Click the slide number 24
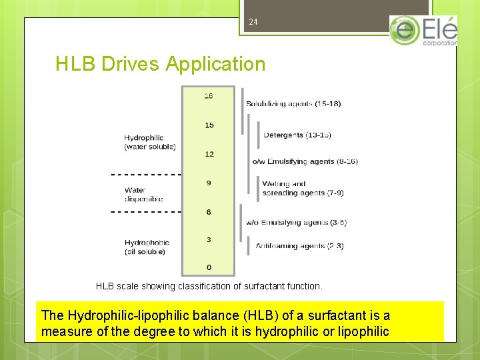tap(253, 22)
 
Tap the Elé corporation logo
tap(423, 31)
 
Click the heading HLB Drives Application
tap(161, 64)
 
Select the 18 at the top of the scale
tap(209, 96)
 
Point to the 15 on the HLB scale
tap(209, 125)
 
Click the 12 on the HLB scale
tap(209, 154)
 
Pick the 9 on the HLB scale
tap(209, 183)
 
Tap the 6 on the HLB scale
tap(209, 212)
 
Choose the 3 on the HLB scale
tap(209, 239)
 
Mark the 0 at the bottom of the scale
tap(209, 267)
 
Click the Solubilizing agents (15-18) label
tap(293, 103)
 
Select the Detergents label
tap(297, 135)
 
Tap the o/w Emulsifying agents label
tap(305, 161)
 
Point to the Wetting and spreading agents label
tap(303, 188)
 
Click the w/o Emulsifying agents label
tap(296, 222)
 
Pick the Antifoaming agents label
tap(299, 246)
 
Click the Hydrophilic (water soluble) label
tap(150, 142)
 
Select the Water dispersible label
tap(143, 194)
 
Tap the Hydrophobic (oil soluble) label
tap(147, 247)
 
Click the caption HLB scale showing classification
tap(209, 286)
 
